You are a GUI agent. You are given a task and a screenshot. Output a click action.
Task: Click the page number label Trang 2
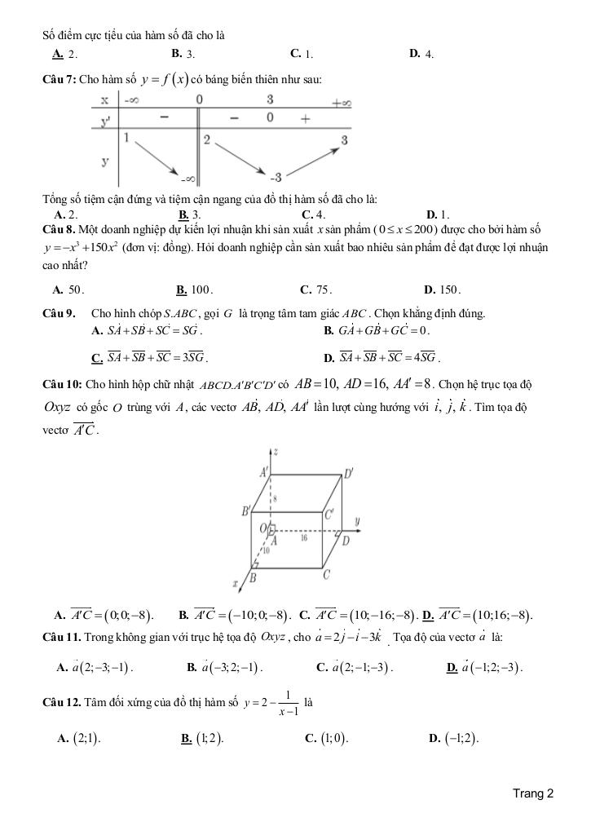[x=533, y=793]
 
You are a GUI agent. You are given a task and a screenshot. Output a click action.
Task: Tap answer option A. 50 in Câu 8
[x=68, y=289]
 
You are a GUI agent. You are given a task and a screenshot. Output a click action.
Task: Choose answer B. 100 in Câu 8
[x=194, y=289]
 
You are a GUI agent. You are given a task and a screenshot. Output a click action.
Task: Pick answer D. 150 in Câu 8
[x=443, y=289]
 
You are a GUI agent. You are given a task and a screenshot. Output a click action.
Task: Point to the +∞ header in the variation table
[x=341, y=102]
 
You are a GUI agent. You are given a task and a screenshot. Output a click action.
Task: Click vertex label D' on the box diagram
[x=348, y=473]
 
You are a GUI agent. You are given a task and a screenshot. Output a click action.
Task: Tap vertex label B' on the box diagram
[x=244, y=512]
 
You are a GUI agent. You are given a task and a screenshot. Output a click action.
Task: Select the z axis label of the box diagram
[x=277, y=451]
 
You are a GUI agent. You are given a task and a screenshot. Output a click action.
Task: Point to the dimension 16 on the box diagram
[x=303, y=538]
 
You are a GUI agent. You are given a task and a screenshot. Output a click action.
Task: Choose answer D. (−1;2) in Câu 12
[x=453, y=739]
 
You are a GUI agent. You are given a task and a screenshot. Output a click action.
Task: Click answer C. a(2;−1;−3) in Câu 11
[x=354, y=667]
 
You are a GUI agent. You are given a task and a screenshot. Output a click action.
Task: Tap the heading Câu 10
[x=61, y=383]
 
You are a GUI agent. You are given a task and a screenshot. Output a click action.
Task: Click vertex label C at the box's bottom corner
[x=326, y=575]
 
